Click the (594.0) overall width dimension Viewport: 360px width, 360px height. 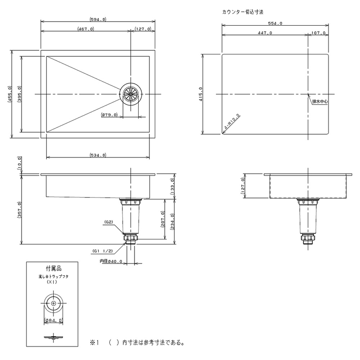(x=98, y=19)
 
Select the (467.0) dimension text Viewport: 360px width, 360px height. (x=86, y=29)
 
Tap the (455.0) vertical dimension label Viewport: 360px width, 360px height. (x=9, y=94)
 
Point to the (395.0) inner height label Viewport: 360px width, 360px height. (x=19, y=94)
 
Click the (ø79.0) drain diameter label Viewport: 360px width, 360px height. (x=109, y=115)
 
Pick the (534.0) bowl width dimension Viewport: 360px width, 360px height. (x=98, y=155)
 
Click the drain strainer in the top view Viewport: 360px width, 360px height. (x=130, y=94)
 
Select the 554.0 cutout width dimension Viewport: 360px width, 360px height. (x=275, y=23)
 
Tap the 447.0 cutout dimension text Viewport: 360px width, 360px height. (x=265, y=33)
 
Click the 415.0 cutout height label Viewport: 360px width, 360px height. (x=201, y=94)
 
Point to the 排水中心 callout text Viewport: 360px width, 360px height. (x=320, y=102)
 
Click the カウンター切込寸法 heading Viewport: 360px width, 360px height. (x=243, y=12)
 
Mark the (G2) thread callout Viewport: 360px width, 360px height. (x=109, y=222)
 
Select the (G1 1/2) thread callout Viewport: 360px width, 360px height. (x=103, y=251)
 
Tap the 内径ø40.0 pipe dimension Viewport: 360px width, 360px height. (x=111, y=261)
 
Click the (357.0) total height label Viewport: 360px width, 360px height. (x=19, y=210)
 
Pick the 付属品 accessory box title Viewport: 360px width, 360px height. (x=54, y=268)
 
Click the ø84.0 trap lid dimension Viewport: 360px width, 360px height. (x=54, y=320)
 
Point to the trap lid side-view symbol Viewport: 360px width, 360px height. (x=54, y=337)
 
